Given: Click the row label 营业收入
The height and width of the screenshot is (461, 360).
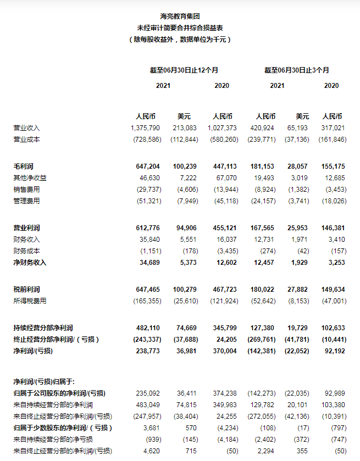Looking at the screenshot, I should [26, 127].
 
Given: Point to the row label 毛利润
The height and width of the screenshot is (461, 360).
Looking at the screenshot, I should [23, 166].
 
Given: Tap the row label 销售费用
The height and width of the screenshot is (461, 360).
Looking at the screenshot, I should [26, 189].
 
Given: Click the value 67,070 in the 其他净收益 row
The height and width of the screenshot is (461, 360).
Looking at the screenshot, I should [227, 177].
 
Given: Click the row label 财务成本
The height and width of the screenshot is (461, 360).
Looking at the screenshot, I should [26, 251].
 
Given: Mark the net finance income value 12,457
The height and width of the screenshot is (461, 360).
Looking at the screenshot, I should [264, 262].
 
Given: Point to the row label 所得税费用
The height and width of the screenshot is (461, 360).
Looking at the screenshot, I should [30, 301].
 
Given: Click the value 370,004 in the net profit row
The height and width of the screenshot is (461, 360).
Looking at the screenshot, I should [224, 351].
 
